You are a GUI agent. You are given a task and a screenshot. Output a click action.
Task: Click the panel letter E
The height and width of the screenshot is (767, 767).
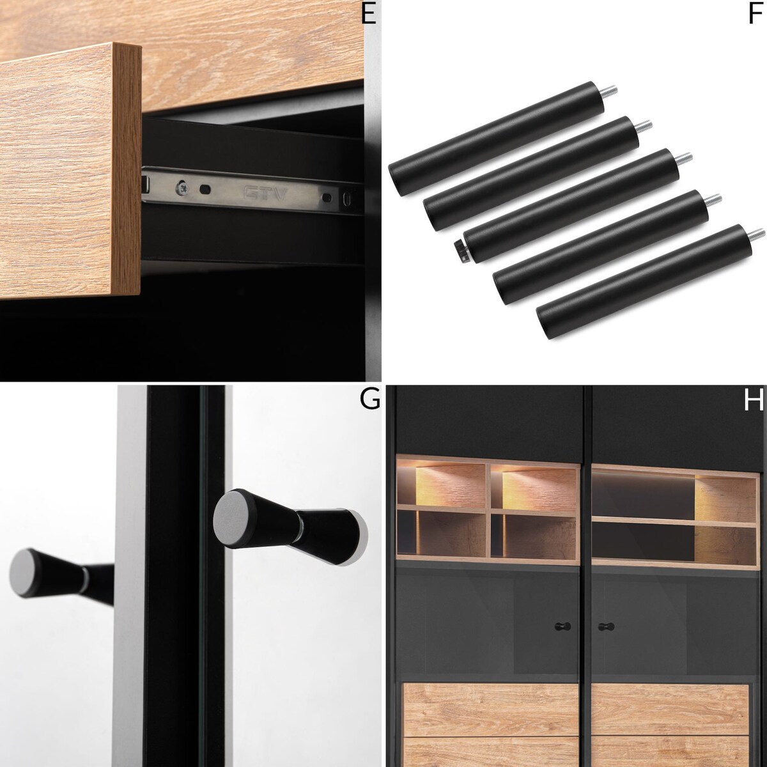point(369,14)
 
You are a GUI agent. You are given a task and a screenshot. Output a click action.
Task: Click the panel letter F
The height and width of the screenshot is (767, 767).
point(755,14)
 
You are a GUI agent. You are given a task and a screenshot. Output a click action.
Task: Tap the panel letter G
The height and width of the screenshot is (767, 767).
point(369,399)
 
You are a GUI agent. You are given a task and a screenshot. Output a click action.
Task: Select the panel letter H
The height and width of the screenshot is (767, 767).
point(753,399)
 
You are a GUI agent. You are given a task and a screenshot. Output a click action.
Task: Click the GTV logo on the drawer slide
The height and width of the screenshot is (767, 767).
point(265,194)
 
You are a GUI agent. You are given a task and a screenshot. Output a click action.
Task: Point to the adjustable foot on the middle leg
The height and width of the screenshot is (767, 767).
point(461,251)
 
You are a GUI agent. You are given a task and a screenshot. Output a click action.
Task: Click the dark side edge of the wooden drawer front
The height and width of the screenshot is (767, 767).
point(127,169)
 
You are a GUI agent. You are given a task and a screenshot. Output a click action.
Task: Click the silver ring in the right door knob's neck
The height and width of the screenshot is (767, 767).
point(299,527)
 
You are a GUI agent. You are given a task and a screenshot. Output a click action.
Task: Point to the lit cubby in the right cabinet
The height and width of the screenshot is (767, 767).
point(725,494)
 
